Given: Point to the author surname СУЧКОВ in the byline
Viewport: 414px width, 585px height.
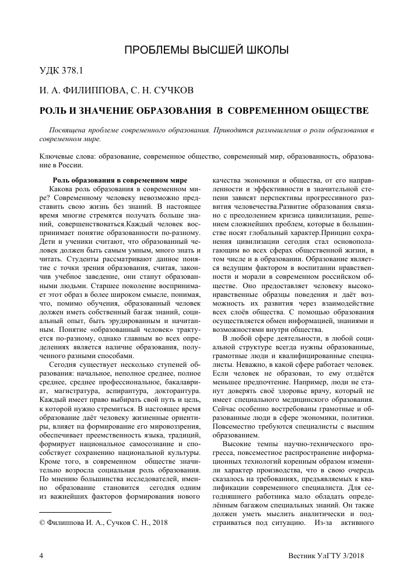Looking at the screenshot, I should (175, 90).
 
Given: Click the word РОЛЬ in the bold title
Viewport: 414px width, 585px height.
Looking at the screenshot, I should (54, 110).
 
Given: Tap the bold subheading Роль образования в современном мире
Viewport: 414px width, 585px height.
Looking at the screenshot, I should (120, 180).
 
